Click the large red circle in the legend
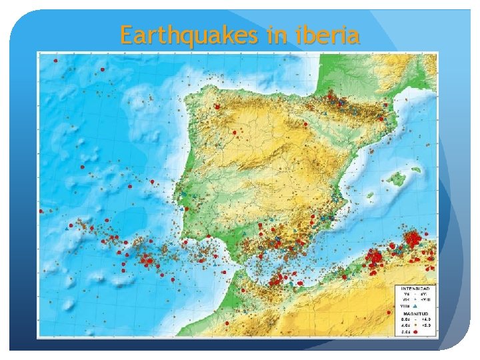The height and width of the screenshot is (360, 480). pyautogui.click(x=415, y=331)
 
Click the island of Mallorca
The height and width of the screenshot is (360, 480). pyautogui.click(x=399, y=179)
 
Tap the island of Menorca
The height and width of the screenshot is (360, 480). pyautogui.click(x=417, y=169)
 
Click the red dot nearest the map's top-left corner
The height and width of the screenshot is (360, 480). pyautogui.click(x=55, y=61)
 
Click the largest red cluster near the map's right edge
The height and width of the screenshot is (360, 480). pyautogui.click(x=413, y=238)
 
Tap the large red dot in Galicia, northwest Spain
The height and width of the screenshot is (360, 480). pyautogui.click(x=217, y=106)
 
